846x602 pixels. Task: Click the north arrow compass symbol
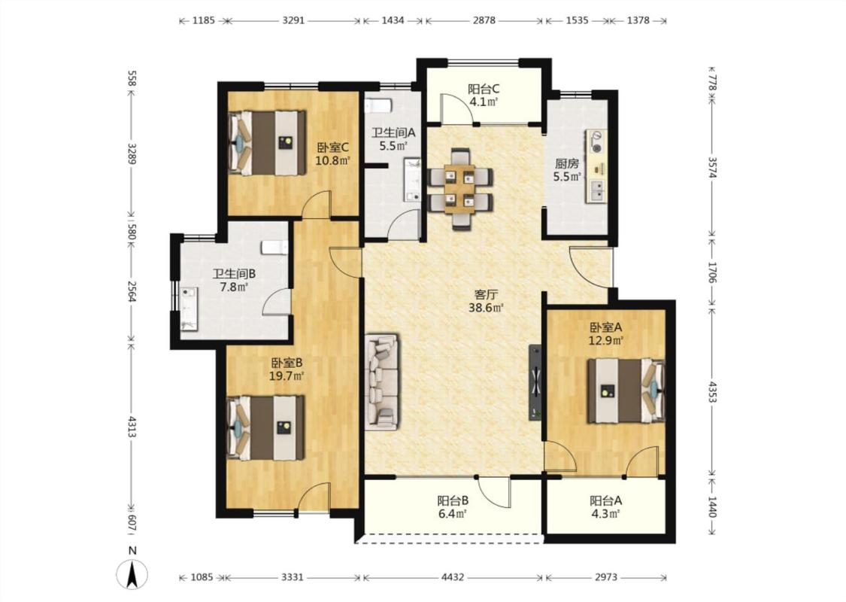pos(132,574)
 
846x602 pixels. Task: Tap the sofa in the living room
pos(382,382)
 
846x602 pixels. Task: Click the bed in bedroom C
pos(266,142)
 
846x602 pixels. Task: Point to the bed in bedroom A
pos(626,391)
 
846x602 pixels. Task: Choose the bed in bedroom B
pos(266,428)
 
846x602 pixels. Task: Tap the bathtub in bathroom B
pos(189,309)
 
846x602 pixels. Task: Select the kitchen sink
pos(597,190)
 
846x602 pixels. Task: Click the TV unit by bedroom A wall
pos(535,382)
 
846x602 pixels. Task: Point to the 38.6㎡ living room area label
pos(486,309)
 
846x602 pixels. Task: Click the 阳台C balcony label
pos(484,89)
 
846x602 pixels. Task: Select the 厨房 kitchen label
pos(566,163)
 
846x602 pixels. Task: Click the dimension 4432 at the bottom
pos(452,577)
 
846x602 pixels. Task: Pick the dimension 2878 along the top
pos(484,20)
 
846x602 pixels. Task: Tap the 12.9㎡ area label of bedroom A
pos(606,341)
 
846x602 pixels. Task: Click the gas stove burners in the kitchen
pos(597,141)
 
